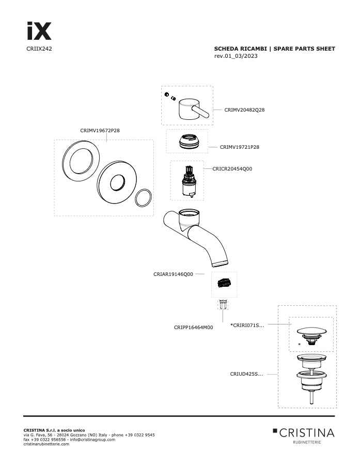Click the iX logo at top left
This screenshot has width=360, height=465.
(39, 31)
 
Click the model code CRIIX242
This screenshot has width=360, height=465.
(39, 49)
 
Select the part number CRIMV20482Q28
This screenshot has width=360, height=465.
(244, 110)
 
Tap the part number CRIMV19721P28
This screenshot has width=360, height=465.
(239, 147)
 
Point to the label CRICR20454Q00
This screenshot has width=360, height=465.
(232, 169)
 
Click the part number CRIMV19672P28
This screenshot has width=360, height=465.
(100, 131)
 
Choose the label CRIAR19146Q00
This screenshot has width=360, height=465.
(173, 274)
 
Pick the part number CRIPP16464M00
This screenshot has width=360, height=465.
(193, 328)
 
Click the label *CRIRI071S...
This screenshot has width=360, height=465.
(247, 326)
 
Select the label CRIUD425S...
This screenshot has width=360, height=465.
(246, 374)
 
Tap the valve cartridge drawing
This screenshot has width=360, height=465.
(187, 181)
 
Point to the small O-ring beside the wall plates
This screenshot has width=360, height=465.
(144, 197)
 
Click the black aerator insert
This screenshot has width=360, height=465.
(224, 283)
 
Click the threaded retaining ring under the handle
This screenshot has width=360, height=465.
(187, 141)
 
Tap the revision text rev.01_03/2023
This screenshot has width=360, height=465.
(236, 56)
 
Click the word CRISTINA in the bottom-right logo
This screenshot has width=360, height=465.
(307, 433)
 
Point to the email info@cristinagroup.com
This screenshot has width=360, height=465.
(92, 440)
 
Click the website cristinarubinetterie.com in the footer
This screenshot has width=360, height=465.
(46, 444)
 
